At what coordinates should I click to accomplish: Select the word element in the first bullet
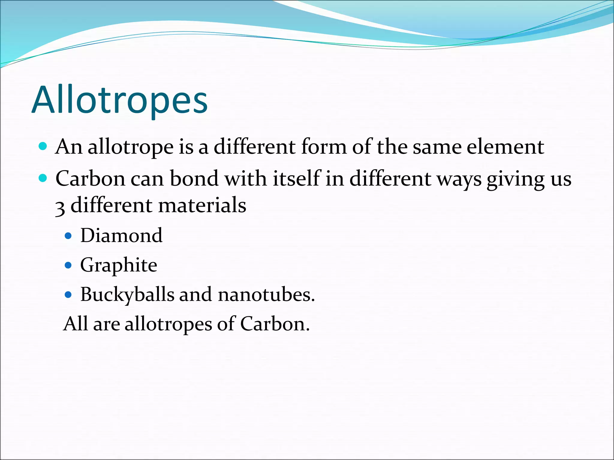click(x=505, y=147)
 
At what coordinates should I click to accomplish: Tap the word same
click(x=437, y=147)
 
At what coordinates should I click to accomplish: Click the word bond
click(x=194, y=178)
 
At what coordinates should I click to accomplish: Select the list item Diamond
click(x=121, y=235)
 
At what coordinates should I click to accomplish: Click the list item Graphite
click(x=119, y=265)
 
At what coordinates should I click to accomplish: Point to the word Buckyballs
click(x=127, y=295)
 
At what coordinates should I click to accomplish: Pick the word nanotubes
click(x=266, y=295)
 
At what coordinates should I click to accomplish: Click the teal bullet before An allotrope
click(x=43, y=146)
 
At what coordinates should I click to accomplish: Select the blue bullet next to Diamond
click(x=68, y=236)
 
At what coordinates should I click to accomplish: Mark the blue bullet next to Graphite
click(x=68, y=265)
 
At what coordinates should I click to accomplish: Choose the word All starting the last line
click(x=76, y=324)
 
